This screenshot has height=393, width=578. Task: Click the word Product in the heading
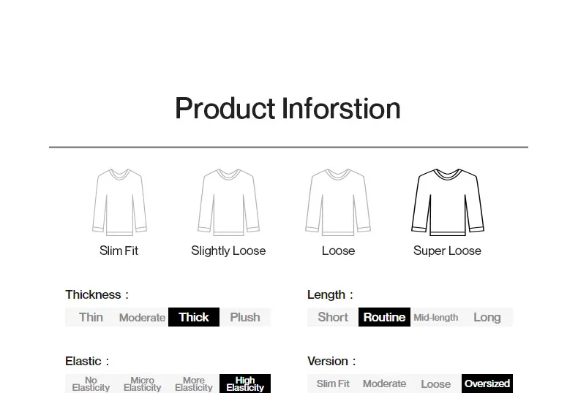click(x=225, y=109)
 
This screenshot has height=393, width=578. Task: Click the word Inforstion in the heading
click(x=342, y=108)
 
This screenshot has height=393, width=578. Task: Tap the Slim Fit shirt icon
click(x=119, y=202)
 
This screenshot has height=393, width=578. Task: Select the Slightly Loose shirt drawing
click(x=228, y=202)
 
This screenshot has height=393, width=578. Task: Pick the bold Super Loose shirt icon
click(x=448, y=202)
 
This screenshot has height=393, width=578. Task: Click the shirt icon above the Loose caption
click(x=338, y=202)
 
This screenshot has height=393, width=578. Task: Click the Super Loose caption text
click(x=447, y=251)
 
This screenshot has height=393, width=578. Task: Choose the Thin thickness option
click(x=91, y=317)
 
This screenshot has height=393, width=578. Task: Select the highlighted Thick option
click(x=194, y=317)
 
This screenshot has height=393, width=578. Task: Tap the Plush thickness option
click(x=245, y=317)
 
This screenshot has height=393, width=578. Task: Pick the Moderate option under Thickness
click(x=142, y=317)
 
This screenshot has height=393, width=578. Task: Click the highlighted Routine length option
click(x=384, y=317)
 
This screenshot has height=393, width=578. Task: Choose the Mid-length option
click(x=436, y=317)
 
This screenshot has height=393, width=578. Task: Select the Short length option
click(x=333, y=317)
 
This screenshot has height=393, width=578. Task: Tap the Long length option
click(x=487, y=317)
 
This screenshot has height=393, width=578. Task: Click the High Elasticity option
click(x=245, y=384)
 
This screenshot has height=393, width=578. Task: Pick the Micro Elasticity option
click(x=142, y=384)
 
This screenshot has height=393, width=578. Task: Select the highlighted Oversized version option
click(x=487, y=384)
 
